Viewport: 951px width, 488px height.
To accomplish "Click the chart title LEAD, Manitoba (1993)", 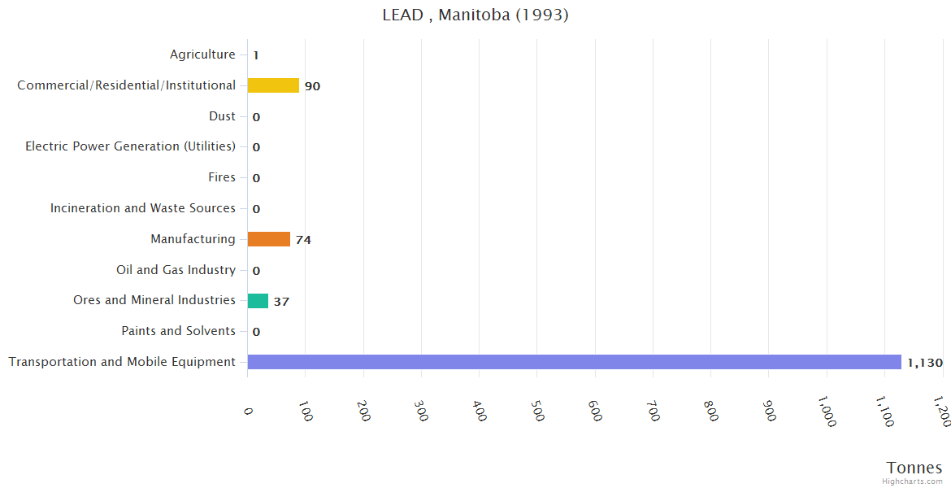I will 475,15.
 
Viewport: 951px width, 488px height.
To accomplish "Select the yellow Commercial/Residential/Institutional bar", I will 273,85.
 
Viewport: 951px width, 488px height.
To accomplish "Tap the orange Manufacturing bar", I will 268,239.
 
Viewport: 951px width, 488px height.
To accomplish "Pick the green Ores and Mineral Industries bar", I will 258,301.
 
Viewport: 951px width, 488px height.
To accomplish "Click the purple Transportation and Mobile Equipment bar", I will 574,362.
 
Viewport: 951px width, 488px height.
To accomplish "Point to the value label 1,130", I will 924,363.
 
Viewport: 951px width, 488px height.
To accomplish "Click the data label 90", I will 312,86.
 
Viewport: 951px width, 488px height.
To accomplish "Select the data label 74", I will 303,240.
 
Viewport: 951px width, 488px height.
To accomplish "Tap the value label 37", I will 281,302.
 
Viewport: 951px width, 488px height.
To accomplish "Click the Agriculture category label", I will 202,54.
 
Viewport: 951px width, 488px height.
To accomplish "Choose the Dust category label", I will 222,116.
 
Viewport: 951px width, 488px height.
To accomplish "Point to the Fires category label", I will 222,177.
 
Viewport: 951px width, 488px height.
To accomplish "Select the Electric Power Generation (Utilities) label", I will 130,146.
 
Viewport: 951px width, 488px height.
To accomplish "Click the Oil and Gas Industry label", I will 176,270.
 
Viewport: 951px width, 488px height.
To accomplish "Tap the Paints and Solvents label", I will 178,331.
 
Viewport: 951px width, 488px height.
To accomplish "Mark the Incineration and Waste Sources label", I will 142,208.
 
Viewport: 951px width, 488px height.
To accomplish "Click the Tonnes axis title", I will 914,468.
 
